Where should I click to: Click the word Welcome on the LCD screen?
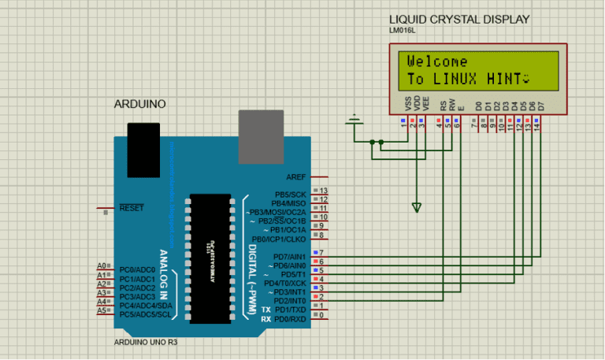[x=437, y=61]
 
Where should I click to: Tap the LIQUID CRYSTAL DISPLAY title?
[x=459, y=20]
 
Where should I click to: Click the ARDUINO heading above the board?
[x=140, y=104]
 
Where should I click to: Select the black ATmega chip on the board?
[x=210, y=257]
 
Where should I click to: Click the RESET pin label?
[x=131, y=208]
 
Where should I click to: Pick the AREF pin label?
[x=296, y=177]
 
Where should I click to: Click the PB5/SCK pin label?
[x=290, y=194]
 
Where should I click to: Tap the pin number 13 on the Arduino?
[x=323, y=191]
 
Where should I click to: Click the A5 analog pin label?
[x=101, y=310]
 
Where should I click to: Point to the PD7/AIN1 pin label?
[x=289, y=257]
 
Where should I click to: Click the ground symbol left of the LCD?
[x=355, y=122]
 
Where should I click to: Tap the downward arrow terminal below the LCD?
[x=417, y=207]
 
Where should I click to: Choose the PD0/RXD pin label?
[x=289, y=319]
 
